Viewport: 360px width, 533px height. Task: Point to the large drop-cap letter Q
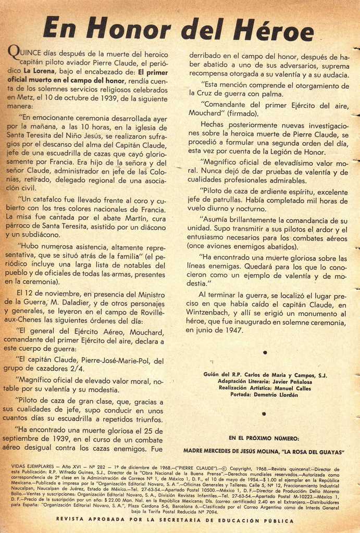(x=14, y=52)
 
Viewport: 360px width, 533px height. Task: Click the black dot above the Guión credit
(x=265, y=352)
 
